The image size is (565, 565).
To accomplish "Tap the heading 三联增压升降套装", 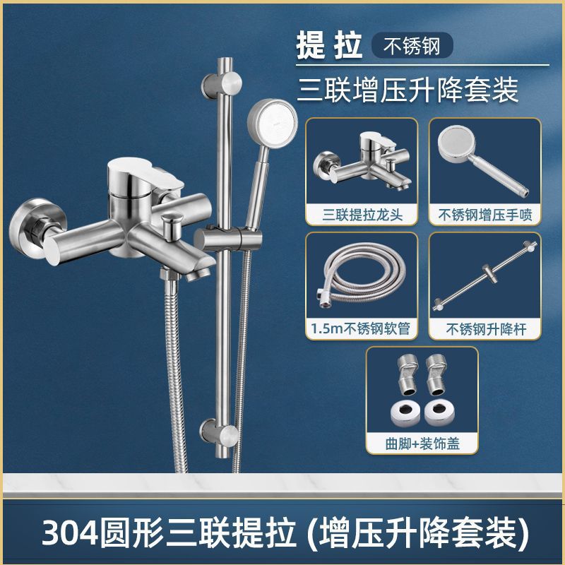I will click(x=408, y=89).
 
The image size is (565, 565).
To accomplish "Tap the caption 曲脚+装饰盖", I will click(x=422, y=442).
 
